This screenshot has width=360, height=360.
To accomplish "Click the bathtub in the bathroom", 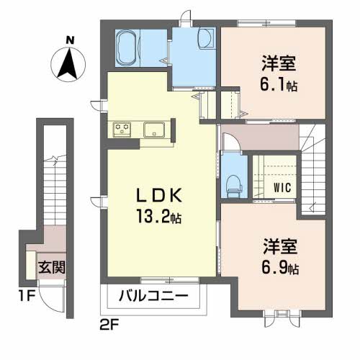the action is [x=127, y=48].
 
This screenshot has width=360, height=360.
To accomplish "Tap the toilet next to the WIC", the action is [x=234, y=186].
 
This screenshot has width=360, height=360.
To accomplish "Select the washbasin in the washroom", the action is [x=206, y=38].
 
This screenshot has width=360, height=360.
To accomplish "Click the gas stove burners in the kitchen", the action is [x=122, y=130].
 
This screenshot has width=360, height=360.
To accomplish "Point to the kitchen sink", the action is [x=154, y=130].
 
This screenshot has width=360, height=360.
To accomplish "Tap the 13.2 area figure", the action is [x=158, y=216].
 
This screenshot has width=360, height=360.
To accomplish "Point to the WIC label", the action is [x=282, y=187].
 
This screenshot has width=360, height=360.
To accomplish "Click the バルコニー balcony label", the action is [x=153, y=296].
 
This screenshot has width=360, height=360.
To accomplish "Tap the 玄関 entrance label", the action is [x=52, y=267].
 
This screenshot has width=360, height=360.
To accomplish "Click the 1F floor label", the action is [x=27, y=296].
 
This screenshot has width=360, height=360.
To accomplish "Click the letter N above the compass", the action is [x=70, y=40].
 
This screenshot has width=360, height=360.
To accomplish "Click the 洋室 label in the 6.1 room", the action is [x=279, y=63].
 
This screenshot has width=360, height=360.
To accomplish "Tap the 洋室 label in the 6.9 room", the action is [x=280, y=246].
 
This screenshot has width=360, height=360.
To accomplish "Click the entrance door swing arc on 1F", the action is [x=47, y=303].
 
